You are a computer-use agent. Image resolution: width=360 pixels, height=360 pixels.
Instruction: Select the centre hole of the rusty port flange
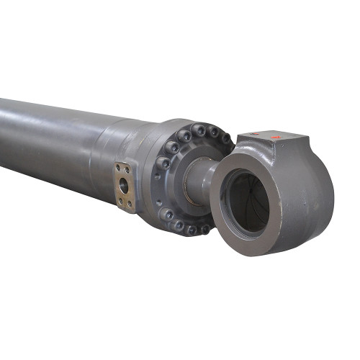click(124, 186)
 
